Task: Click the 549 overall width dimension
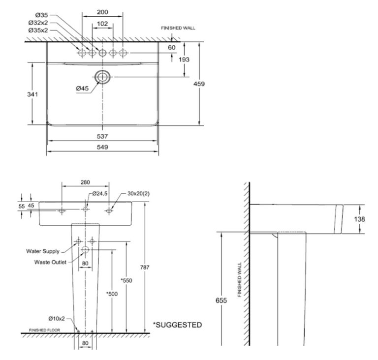coord(102,147)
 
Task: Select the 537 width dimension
coord(102,136)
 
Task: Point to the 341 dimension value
coord(32,94)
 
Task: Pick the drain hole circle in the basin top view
coord(102,77)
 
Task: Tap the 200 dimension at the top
coord(102,12)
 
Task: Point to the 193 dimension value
coord(184,60)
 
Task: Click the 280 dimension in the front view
coord(85,182)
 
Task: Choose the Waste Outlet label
coord(50,262)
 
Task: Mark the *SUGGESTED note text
coord(177,325)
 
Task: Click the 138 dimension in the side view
coord(359,219)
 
